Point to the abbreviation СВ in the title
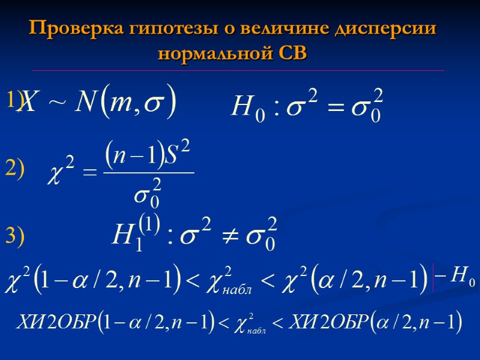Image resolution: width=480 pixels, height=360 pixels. [293, 53]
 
